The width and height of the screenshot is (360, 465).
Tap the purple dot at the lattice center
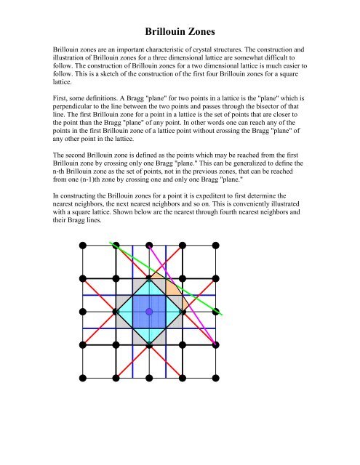[149, 311]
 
